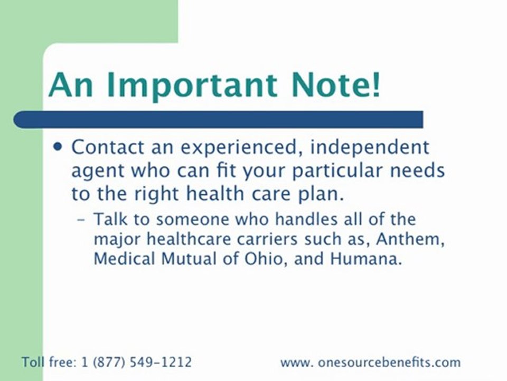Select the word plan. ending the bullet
coord(322,194)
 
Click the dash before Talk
coord(82,219)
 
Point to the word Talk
coord(109,219)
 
